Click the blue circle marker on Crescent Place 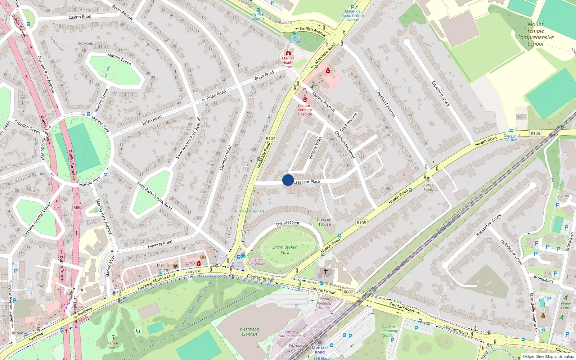pos(288,180)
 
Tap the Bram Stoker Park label pos(285,250)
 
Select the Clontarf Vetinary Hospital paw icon pos(305,99)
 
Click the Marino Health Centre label pos(288,62)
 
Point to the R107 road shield pos(270,138)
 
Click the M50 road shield pos(77,207)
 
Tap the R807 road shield pos(348,292)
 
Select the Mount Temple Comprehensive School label pos(535,34)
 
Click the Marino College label pos(163,267)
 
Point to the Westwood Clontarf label pos(249,332)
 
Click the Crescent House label pos(325,222)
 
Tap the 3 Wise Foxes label pos(428,187)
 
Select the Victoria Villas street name pos(315,148)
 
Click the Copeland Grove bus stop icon pos(512,131)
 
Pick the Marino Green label pos(119,59)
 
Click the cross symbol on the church pos(326,271)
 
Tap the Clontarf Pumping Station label pos(324,303)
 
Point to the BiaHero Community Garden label pos(388,331)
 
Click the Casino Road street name pos(80,17)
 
